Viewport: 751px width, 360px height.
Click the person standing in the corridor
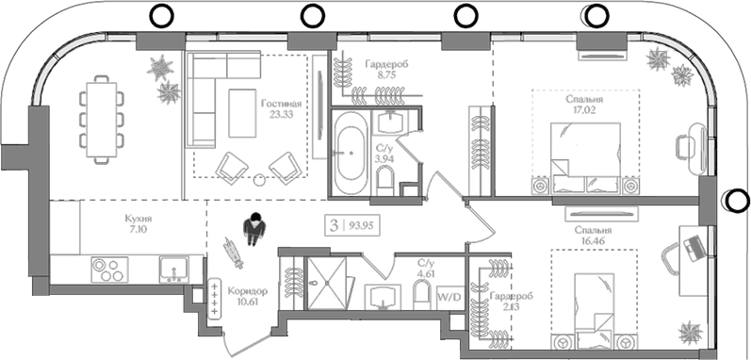tap(254, 229)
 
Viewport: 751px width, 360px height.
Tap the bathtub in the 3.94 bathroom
tap(351, 153)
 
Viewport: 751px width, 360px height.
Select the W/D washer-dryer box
tap(449, 297)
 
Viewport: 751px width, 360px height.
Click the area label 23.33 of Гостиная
tap(278, 114)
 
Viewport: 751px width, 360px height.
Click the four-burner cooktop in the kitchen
tap(109, 270)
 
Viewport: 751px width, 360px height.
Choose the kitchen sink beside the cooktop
tap(174, 269)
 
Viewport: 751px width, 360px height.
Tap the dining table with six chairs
tap(101, 120)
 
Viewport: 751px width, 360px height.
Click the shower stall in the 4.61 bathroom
tap(326, 284)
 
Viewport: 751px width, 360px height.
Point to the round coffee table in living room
tap(259, 180)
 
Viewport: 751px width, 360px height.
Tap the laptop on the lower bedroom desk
tap(695, 248)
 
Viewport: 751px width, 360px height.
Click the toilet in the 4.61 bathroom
tap(422, 294)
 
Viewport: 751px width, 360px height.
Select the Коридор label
tap(248, 291)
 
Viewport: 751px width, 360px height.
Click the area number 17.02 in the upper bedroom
tap(583, 109)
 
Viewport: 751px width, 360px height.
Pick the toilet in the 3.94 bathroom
tap(385, 185)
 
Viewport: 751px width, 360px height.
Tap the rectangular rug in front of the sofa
tap(242, 113)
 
